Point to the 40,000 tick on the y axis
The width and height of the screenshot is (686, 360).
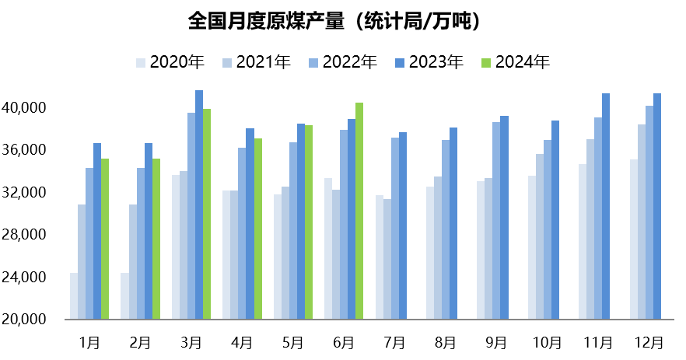(27, 107)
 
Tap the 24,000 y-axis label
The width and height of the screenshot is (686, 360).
(27, 277)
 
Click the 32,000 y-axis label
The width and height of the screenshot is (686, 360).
(27, 192)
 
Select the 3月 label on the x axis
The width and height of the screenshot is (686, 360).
(191, 342)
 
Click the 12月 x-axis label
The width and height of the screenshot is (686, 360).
(649, 342)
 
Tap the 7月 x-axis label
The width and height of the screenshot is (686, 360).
(394, 342)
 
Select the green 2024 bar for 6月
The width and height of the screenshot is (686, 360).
(359, 211)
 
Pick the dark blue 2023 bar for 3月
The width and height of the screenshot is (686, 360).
(199, 204)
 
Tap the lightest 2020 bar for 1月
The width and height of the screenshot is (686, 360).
(74, 296)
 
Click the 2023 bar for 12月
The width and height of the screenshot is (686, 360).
(657, 206)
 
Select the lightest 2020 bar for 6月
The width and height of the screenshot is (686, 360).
(328, 249)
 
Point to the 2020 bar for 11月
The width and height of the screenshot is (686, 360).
(583, 242)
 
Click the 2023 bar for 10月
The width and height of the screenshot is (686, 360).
(555, 220)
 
